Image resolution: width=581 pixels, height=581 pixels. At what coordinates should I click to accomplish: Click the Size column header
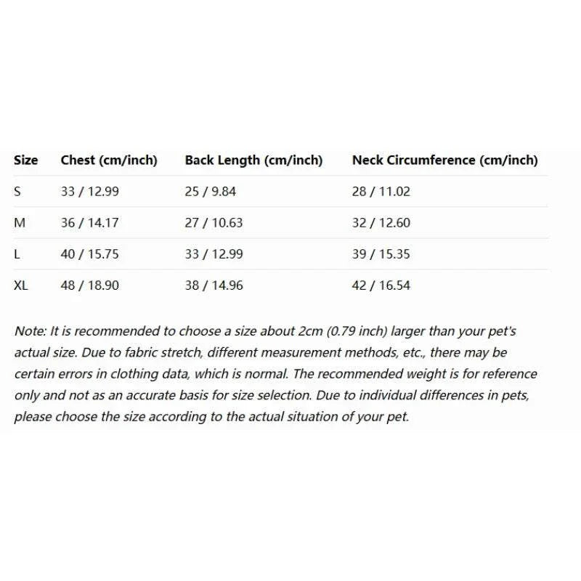pos(25,161)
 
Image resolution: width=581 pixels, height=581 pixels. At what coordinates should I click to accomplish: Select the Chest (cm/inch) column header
pos(109,161)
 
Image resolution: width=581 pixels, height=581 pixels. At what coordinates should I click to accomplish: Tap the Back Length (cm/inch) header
pos(253,161)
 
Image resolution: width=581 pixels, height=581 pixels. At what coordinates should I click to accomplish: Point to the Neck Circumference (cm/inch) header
pos(445,161)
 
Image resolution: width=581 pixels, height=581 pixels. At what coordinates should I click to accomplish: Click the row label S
pos(17,192)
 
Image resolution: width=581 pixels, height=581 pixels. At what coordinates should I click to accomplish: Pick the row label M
pos(20,223)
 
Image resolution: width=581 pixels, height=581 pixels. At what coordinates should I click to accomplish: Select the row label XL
pos(21,285)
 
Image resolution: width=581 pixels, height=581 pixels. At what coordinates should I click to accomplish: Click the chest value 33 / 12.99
pos(90,192)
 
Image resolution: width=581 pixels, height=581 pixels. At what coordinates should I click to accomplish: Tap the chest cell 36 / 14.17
pos(90,223)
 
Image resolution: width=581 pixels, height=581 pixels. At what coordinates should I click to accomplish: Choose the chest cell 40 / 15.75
pos(90,254)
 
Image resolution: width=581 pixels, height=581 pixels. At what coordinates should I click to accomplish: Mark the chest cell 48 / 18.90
pos(90,285)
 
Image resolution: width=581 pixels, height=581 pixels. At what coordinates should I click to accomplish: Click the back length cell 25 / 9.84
pos(211,192)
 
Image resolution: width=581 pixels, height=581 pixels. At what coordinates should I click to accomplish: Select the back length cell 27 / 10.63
pos(214,223)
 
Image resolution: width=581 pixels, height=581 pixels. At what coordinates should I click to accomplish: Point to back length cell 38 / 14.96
pos(214,285)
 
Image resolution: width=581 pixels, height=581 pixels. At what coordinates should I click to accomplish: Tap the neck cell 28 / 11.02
pos(381,192)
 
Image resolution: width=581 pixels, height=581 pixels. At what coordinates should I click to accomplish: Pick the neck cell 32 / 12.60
pos(381,223)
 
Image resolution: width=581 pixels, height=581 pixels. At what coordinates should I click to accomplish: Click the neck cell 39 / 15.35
pos(381,254)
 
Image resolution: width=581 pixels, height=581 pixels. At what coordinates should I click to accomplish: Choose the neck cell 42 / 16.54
pos(381,285)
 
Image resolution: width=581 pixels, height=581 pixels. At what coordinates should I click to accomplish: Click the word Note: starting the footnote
pos(30,331)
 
